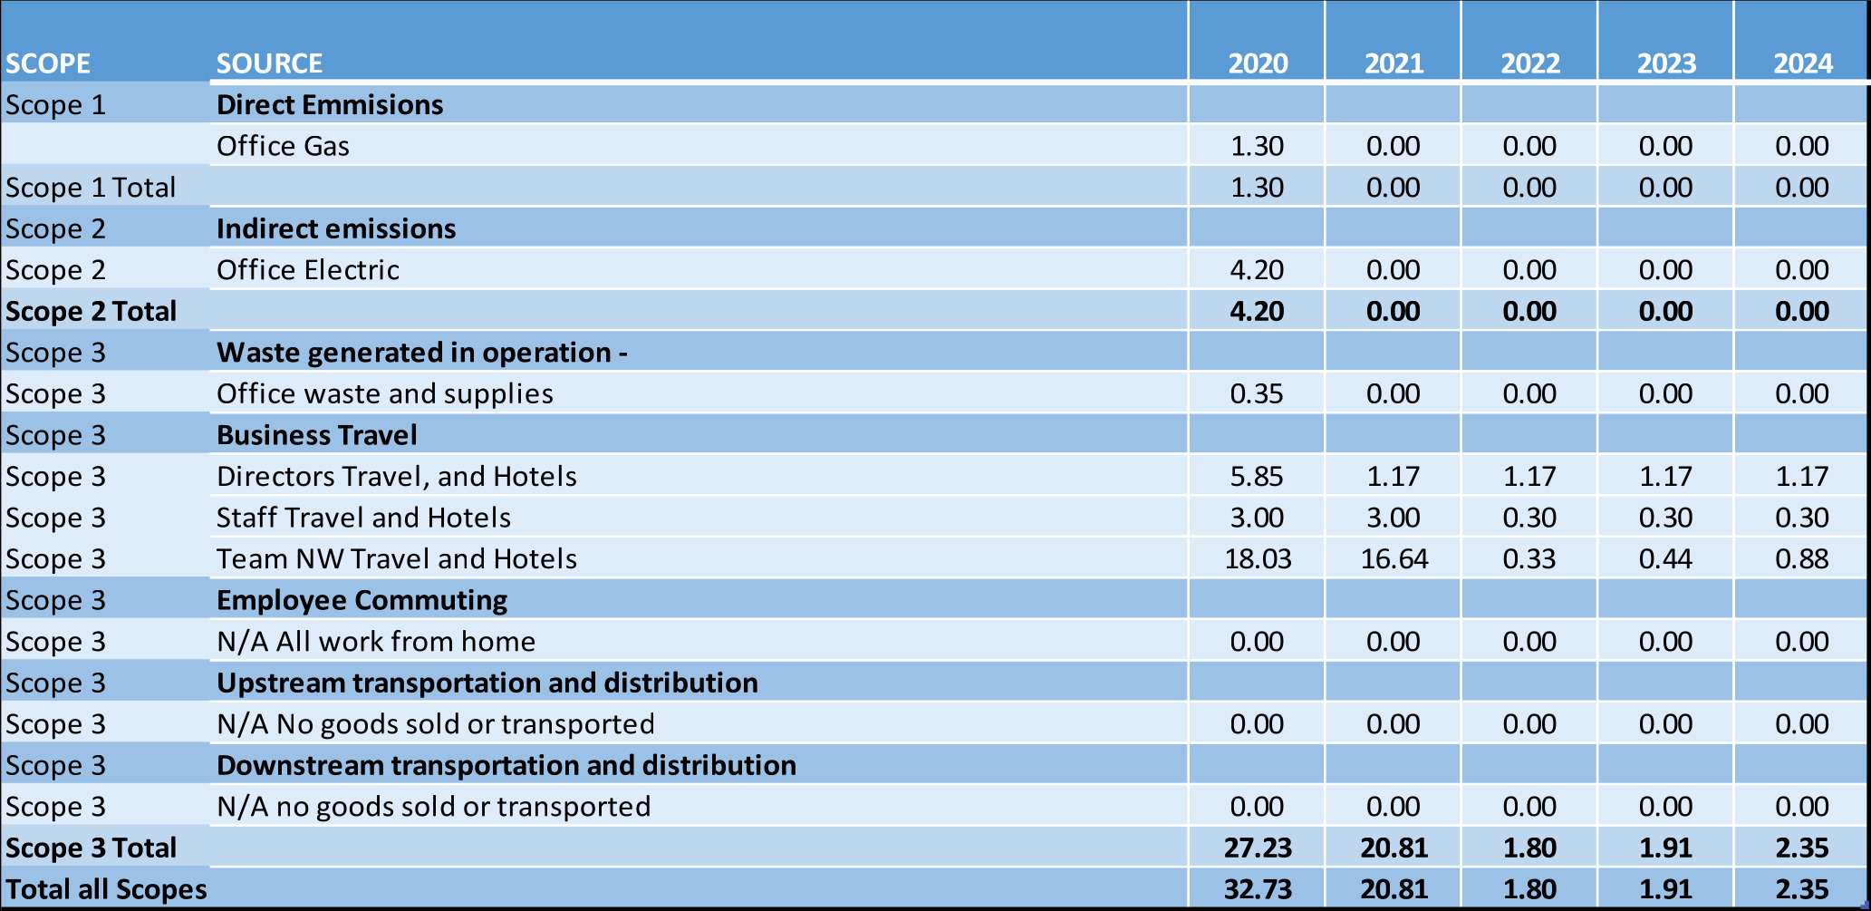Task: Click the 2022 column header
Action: [1529, 63]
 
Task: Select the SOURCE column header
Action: [269, 63]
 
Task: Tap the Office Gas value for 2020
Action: [1257, 146]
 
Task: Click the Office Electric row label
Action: [307, 270]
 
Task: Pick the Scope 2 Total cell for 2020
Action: [1257, 312]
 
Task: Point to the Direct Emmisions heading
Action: [330, 105]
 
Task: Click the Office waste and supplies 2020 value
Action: [1257, 394]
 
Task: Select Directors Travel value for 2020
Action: [1257, 477]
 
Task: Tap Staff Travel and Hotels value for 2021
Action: [1393, 518]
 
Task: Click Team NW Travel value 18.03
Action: [1257, 559]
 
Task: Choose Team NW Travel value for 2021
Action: [1394, 559]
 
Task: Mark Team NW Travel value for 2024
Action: [1801, 559]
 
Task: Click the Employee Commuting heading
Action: [362, 600]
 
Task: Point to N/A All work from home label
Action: [375, 642]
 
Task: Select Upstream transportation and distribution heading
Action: [487, 683]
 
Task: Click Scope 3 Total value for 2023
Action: [1665, 848]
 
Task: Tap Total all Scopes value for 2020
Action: [1257, 889]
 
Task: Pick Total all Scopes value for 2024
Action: [1801, 889]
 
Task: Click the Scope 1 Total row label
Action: [91, 188]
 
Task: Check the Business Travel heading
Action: [316, 435]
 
